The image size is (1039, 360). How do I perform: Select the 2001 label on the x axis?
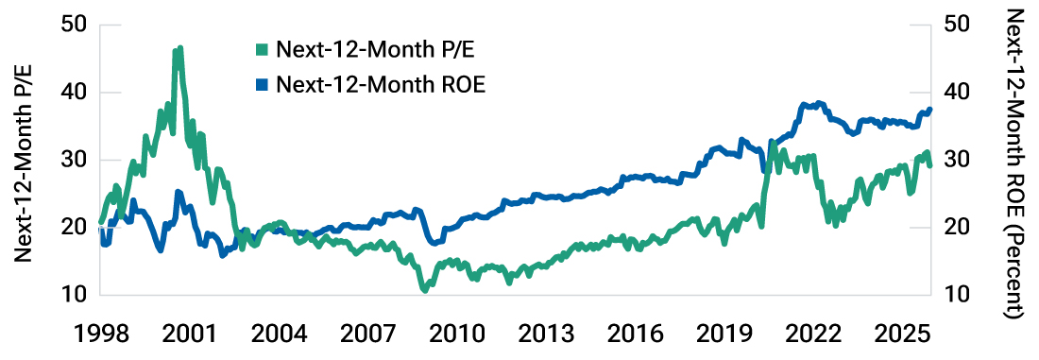click(x=190, y=335)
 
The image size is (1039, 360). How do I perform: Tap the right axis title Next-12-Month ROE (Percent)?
click(x=1017, y=165)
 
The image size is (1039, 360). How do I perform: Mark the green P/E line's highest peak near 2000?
click(x=179, y=48)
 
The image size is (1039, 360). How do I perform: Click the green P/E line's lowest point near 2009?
click(x=425, y=289)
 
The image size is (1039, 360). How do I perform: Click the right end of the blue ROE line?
click(x=929, y=110)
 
